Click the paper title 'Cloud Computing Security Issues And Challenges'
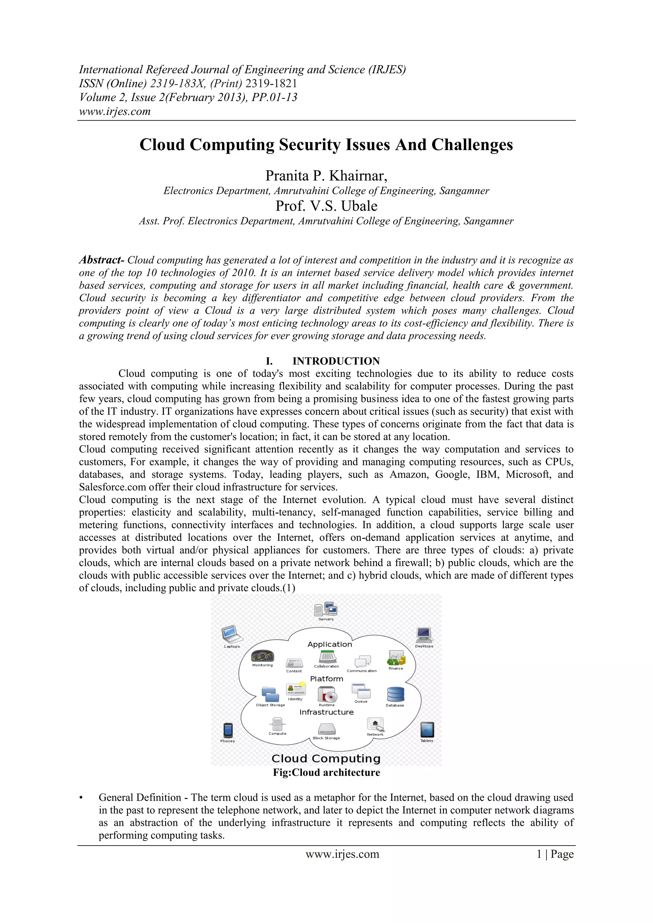pyautogui.click(x=326, y=145)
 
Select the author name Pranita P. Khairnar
pyautogui.click(x=326, y=176)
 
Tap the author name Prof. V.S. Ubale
pyautogui.click(x=326, y=206)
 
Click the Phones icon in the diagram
pyautogui.click(x=228, y=730)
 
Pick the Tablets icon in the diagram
pyautogui.click(x=427, y=730)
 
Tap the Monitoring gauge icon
pyautogui.click(x=262, y=656)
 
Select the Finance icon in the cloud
pyautogui.click(x=396, y=658)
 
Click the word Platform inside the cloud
pyautogui.click(x=326, y=679)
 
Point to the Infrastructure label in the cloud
pyautogui.click(x=326, y=712)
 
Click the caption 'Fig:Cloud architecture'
pyautogui.click(x=326, y=772)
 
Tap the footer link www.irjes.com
pyautogui.click(x=342, y=854)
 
